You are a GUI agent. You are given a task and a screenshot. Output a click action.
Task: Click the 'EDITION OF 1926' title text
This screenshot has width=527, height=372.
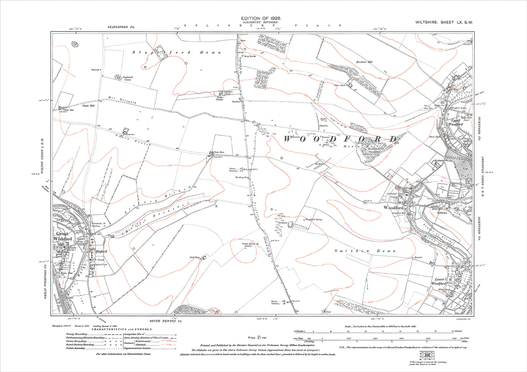click(261, 18)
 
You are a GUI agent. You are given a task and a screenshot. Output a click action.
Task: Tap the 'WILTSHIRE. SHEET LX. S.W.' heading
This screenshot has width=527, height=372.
click(444, 23)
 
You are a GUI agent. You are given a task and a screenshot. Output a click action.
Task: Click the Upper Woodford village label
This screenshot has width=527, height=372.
click(456, 122)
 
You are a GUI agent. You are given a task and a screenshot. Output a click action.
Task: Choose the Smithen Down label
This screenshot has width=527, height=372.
click(365, 251)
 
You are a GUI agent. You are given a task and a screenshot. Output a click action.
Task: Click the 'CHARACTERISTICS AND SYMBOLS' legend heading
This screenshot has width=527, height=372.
click(123, 329)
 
